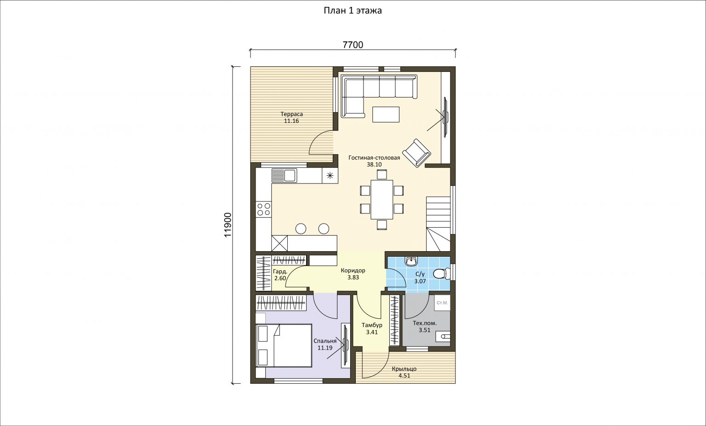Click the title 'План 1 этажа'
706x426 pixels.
click(x=353, y=11)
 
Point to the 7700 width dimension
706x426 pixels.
click(x=353, y=45)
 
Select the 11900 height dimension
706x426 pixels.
click(x=228, y=225)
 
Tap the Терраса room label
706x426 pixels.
click(x=291, y=114)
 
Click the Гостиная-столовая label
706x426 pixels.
click(x=374, y=158)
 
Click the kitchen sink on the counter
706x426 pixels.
click(x=64, y=175)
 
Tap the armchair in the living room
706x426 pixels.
click(x=417, y=153)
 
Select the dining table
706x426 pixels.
click(x=381, y=200)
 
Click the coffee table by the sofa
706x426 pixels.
click(x=386, y=114)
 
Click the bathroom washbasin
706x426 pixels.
click(x=410, y=261)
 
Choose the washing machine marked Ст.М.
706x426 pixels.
click(x=442, y=303)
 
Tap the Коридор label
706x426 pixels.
click(x=353, y=271)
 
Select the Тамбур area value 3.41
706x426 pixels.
click(x=372, y=332)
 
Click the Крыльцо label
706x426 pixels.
click(x=404, y=369)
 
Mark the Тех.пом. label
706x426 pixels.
click(x=425, y=323)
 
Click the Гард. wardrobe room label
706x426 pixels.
click(x=280, y=271)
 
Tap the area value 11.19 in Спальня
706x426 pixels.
click(x=325, y=348)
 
